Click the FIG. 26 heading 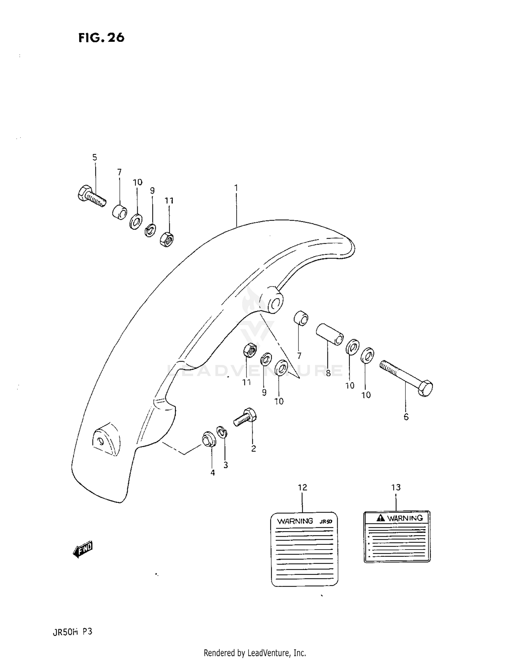coord(101,38)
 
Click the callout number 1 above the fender coord(236,188)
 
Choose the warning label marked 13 coord(397,537)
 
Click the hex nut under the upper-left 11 coord(167,239)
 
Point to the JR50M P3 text coord(72,632)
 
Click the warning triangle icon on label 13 coord(381,518)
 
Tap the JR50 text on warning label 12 coord(325,521)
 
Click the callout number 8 coord(328,373)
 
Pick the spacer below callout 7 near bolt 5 coord(120,212)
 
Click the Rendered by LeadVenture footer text coord(255,653)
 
